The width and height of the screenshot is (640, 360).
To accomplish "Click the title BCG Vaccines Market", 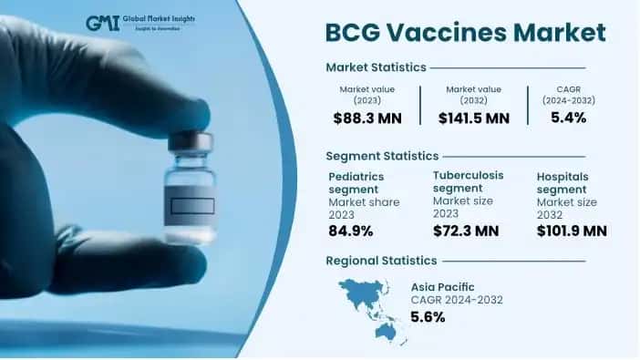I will (465, 34).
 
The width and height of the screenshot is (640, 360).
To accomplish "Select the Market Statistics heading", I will (377, 67).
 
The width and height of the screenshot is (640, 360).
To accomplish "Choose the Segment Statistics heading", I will (382, 156).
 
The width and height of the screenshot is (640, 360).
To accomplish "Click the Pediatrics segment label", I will (356, 181).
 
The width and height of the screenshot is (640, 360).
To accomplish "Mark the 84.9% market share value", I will (352, 231).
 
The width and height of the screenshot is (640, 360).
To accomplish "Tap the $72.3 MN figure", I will (465, 231).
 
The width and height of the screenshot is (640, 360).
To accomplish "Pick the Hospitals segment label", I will (563, 181).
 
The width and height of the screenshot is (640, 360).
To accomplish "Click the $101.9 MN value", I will (572, 231).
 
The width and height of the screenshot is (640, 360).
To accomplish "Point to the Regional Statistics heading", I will (379, 262).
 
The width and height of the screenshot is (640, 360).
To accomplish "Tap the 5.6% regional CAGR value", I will (428, 317).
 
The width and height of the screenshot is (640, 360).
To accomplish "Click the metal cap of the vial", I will (191, 140).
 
